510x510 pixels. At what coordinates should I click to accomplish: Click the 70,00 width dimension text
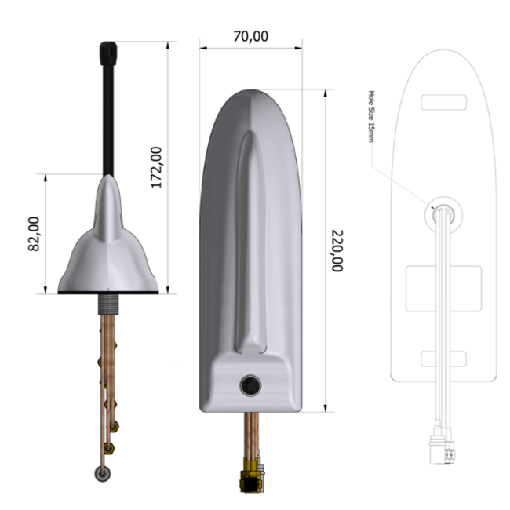point(250,36)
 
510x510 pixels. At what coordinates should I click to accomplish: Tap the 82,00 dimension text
point(34,234)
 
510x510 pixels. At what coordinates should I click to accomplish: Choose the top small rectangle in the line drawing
point(443,102)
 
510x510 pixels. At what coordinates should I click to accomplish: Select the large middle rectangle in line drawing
point(443,287)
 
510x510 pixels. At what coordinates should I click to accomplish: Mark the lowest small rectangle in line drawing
point(443,359)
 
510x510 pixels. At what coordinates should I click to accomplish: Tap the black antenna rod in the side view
point(108,118)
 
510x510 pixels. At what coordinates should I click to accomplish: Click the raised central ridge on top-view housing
point(250,235)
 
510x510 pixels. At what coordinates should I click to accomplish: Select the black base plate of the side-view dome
point(108,293)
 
